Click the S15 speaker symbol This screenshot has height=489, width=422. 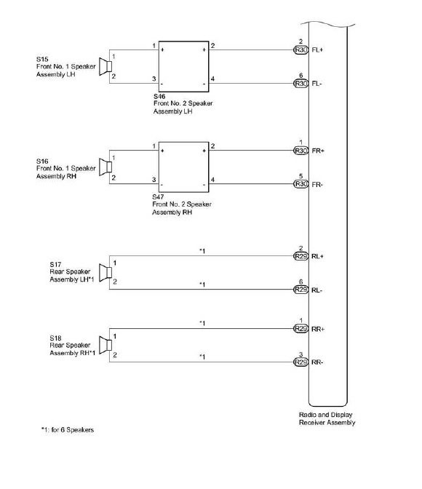point(105,66)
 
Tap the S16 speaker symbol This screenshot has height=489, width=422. point(105,167)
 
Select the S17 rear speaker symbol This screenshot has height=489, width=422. point(105,273)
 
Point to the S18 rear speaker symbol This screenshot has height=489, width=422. point(105,345)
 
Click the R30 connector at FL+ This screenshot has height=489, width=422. point(301,50)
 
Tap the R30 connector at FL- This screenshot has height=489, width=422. point(301,84)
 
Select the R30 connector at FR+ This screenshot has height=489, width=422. point(301,151)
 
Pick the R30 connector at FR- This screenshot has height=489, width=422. point(301,184)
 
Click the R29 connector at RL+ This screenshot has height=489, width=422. point(301,256)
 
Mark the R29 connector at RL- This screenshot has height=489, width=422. point(301,290)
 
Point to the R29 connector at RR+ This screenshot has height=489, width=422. point(301,329)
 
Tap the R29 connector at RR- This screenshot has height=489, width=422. point(301,362)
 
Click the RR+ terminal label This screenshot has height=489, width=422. point(318,329)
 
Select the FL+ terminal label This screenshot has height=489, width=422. point(317,50)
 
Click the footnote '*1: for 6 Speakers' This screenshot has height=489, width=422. point(68,430)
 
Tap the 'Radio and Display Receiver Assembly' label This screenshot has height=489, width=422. point(327,418)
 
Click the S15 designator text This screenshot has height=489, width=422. point(42,59)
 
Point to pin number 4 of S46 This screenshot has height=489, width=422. point(212,79)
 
